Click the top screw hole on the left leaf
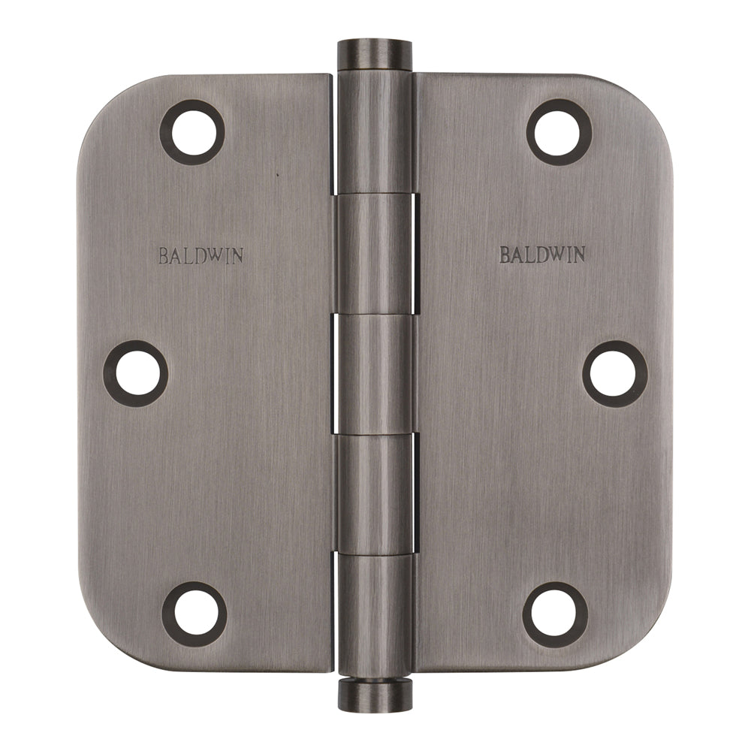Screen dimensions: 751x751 [192, 132]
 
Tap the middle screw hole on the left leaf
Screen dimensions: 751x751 [136, 373]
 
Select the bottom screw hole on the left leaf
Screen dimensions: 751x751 [195, 614]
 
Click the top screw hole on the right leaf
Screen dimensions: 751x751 [559, 132]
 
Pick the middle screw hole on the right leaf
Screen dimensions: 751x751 [615, 373]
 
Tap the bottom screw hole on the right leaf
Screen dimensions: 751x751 [556, 614]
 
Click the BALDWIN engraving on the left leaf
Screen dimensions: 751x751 [201, 255]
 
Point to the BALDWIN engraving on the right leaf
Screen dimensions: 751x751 [543, 255]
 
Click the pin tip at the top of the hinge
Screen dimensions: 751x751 [375, 53]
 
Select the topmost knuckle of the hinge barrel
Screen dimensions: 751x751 [375, 131]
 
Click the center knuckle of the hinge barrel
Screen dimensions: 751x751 [375, 374]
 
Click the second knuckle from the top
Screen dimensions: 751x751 [375, 253]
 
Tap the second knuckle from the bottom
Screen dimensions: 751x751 [375, 494]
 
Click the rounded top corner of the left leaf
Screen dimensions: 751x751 [101, 98]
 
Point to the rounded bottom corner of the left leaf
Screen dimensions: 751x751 [101, 650]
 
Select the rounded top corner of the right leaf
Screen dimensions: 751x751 [650, 98]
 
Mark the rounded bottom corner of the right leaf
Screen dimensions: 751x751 [650, 650]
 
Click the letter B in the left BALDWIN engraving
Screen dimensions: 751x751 [163, 255]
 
